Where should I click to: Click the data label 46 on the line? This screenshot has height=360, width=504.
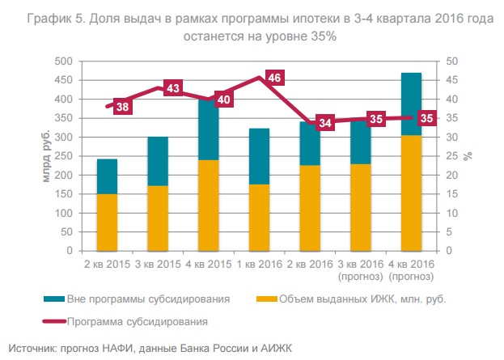[x=274, y=78]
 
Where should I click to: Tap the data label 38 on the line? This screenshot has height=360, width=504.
[x=123, y=107]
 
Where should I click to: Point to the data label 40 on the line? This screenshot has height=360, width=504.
[x=223, y=100]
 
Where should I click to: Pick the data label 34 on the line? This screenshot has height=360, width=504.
[x=324, y=123]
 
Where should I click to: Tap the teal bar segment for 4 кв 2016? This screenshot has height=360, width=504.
[x=411, y=104]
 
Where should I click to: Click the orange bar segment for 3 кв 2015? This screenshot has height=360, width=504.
[x=158, y=218]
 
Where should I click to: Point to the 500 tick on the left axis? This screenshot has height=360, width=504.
[x=76, y=61]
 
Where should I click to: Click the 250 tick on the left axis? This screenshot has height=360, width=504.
[x=76, y=156]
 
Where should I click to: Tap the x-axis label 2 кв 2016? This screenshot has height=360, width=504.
[x=310, y=265]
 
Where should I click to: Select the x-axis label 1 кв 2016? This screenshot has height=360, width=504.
[x=259, y=265]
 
